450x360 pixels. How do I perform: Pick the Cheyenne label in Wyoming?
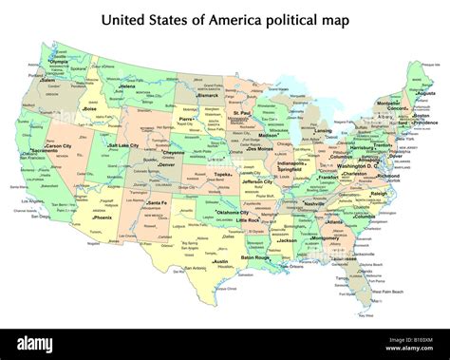174,152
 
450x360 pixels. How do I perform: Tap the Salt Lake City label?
124,145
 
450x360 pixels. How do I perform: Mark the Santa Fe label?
157,202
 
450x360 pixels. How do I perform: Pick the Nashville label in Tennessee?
314,203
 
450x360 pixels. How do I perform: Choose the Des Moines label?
264,148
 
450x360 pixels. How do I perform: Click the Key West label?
365,314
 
